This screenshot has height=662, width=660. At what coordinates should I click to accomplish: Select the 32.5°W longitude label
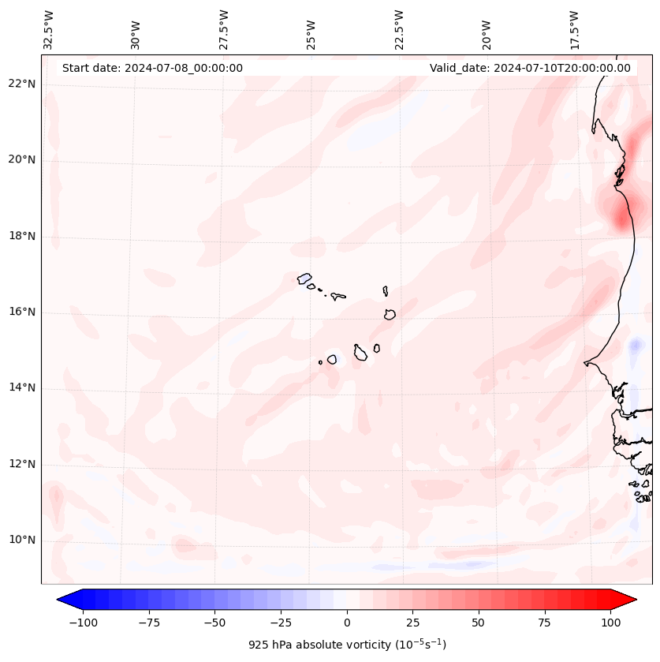[x=50, y=30]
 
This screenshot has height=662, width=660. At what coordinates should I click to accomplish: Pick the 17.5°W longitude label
[x=575, y=30]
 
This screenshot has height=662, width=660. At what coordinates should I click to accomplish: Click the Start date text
[x=152, y=68]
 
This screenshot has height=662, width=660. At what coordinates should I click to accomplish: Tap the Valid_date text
[x=530, y=68]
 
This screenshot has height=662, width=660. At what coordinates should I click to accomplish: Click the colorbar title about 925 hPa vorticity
[x=347, y=645]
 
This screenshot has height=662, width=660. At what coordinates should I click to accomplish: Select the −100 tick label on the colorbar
[x=83, y=623]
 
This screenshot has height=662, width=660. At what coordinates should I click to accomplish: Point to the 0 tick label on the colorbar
[x=347, y=623]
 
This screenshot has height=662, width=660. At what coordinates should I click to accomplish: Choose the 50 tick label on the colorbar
[x=479, y=623]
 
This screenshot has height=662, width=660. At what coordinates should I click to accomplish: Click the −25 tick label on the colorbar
[x=281, y=623]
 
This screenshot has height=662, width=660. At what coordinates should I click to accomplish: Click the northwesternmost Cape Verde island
[x=304, y=278]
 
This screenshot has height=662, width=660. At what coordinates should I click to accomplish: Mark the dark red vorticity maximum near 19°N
[x=623, y=213]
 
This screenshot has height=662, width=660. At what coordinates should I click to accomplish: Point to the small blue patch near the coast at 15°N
[x=635, y=346]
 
